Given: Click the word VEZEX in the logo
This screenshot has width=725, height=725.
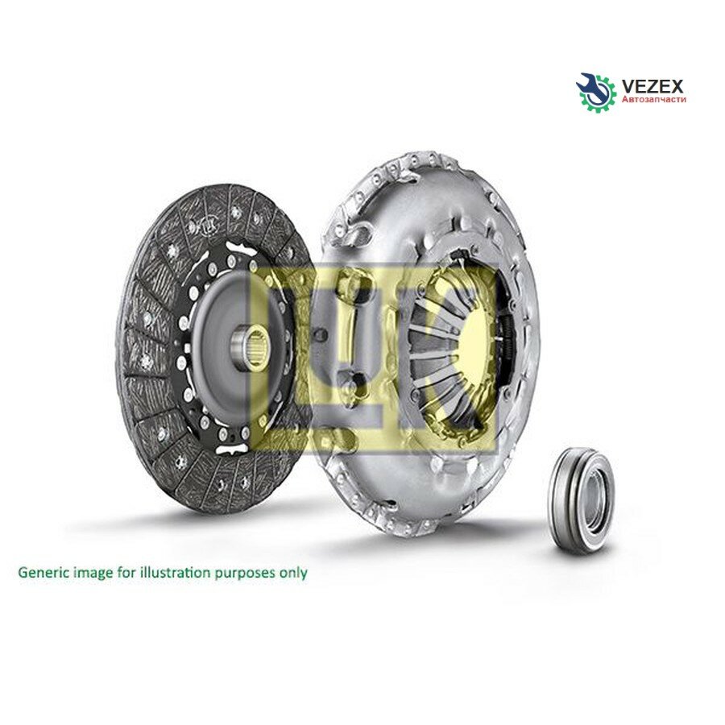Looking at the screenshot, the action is (x=652, y=86).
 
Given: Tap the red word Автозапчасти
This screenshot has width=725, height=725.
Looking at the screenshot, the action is (x=654, y=99).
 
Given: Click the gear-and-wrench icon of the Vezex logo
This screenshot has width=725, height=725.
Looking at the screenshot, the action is (x=596, y=92).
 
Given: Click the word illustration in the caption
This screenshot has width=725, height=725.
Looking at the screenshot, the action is (x=179, y=573).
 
